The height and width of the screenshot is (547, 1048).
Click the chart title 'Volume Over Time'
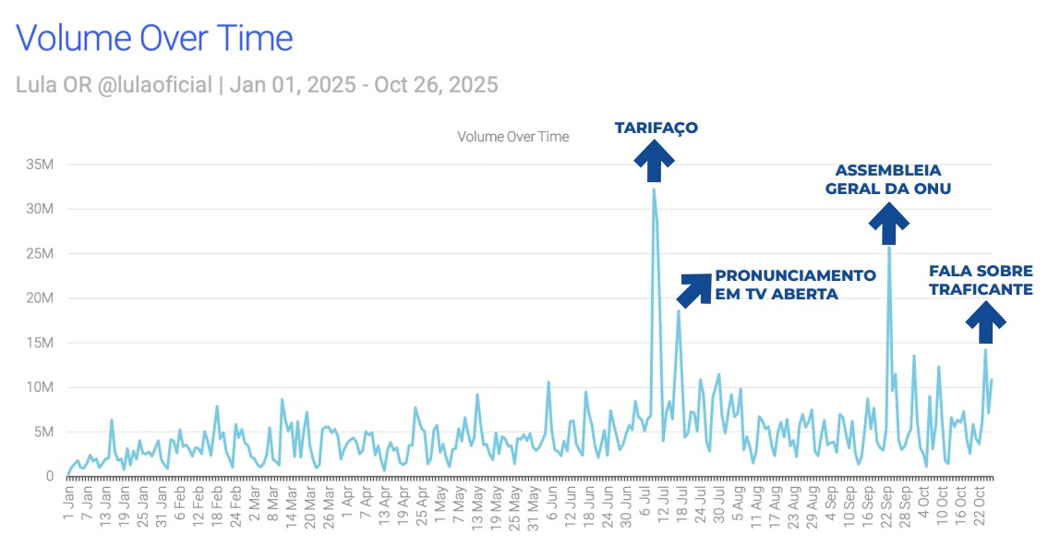(154, 38)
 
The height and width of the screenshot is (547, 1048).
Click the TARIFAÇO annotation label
(656, 128)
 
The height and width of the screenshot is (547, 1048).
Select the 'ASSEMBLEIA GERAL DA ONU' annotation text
(888, 179)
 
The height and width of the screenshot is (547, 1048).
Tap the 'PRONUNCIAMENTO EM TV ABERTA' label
(795, 285)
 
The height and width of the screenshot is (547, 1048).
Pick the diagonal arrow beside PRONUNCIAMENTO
(694, 289)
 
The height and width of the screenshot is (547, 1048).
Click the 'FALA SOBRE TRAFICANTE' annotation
(981, 280)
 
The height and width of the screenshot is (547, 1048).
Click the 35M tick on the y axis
(42, 164)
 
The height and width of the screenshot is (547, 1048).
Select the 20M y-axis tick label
(42, 298)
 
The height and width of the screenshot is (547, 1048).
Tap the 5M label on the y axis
(45, 432)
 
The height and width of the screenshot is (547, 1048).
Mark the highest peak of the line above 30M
(654, 189)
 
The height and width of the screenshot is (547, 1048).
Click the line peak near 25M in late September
(889, 248)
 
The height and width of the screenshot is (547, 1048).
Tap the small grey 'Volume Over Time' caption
(512, 137)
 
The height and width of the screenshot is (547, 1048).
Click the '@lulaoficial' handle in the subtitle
(154, 85)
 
